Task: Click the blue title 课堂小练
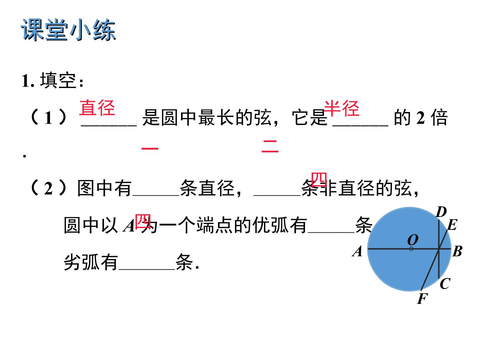tap(68, 30)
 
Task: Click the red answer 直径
tap(97, 108)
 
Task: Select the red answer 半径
tap(342, 108)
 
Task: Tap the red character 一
tap(150, 148)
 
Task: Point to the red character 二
tap(270, 146)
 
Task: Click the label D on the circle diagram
tap(441, 212)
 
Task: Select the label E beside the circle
tap(452, 225)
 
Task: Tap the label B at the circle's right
tap(457, 251)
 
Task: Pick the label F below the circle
tap(422, 298)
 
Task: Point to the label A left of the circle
tap(357, 251)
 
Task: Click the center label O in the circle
tap(413, 240)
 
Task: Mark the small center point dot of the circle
tap(411, 249)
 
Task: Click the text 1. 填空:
tap(52, 81)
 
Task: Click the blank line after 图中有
tap(156, 195)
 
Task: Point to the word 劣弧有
tap(91, 262)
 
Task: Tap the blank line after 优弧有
tap(331, 232)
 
